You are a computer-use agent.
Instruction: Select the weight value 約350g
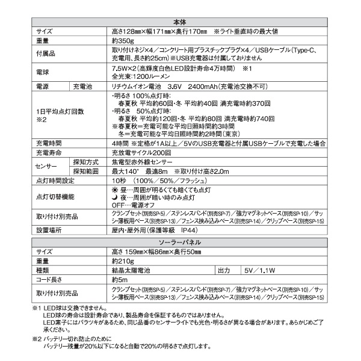click(123, 41)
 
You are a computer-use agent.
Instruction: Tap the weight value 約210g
click(123, 261)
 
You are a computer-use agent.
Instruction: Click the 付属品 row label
click(46, 55)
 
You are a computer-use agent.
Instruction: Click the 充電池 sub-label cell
click(83, 87)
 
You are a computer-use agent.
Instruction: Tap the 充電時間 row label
click(49, 145)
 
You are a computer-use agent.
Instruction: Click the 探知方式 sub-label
click(86, 162)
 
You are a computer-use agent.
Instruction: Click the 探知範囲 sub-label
click(86, 171)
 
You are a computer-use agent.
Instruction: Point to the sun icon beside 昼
click(116, 190)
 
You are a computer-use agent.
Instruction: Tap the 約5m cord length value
click(120, 280)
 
